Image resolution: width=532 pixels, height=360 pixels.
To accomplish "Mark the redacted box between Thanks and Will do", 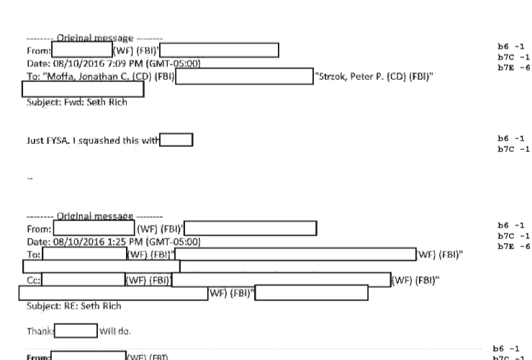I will [76, 332].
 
